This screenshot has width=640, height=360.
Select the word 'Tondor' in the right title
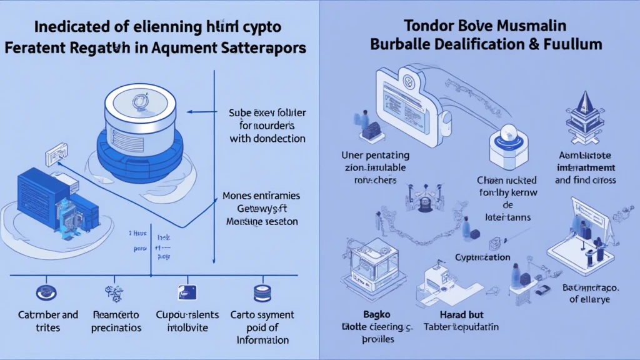pos(424,26)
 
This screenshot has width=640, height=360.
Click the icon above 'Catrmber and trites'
pos(46,292)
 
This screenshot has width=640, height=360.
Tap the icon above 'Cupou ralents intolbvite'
pos(186,292)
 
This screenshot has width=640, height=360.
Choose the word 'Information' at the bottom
pos(262,340)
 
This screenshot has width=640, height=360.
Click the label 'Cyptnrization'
pos(482,257)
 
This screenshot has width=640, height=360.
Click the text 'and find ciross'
pos(585,179)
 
